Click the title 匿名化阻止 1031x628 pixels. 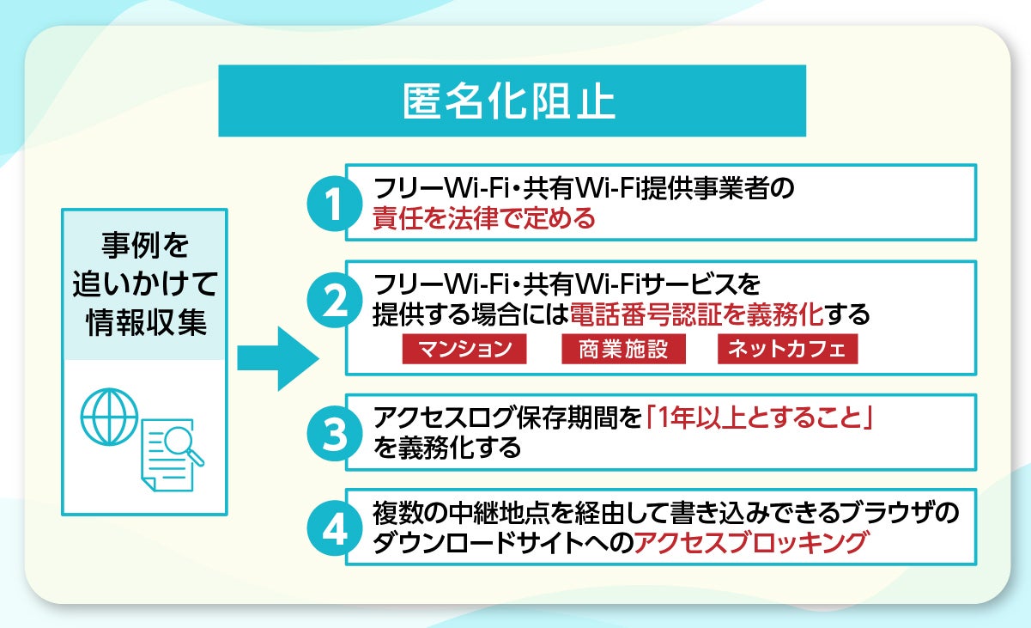511,101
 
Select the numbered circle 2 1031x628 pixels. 330,302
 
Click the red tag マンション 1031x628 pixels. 464,350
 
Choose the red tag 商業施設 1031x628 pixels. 623,350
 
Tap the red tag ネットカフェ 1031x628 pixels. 786,350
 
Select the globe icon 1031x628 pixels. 109,416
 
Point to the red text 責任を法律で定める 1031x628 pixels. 483,220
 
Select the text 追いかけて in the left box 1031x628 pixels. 143,284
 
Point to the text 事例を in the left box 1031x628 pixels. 143,247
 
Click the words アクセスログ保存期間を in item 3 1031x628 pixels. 507,418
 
